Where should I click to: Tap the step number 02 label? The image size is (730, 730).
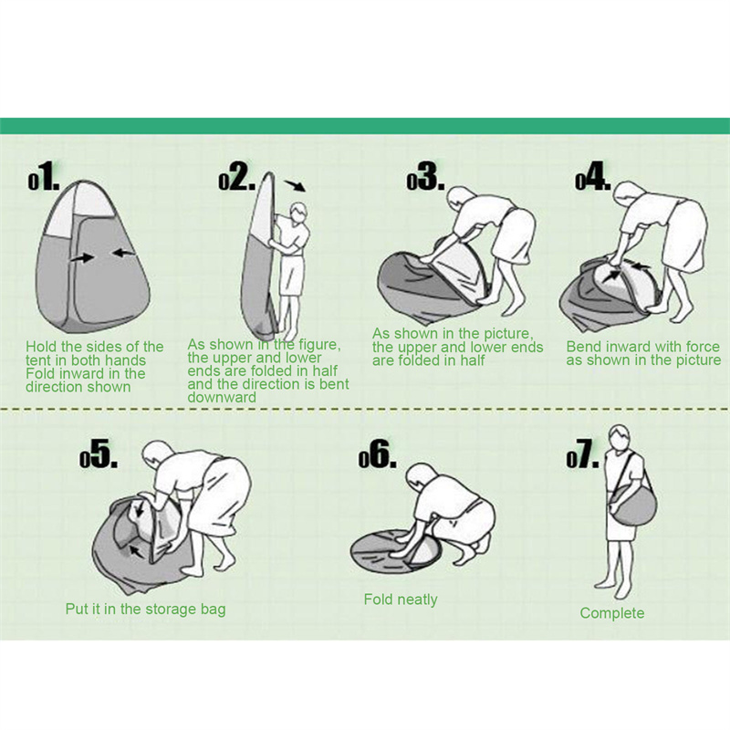click(x=237, y=176)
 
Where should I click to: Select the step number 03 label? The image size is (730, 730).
click(x=425, y=176)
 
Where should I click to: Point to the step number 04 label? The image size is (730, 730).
click(x=592, y=176)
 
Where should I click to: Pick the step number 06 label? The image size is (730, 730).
click(x=378, y=454)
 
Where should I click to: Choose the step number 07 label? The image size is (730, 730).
click(x=582, y=454)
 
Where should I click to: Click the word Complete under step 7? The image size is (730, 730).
click(x=612, y=613)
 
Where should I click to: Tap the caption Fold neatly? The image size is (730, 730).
click(x=401, y=600)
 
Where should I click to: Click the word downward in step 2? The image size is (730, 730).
click(x=222, y=397)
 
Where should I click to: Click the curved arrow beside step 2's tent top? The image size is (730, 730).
click(x=296, y=185)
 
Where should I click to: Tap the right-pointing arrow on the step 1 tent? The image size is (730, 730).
click(x=83, y=257)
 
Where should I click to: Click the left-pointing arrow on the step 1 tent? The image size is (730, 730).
click(x=124, y=253)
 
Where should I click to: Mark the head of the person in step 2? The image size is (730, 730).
click(x=299, y=214)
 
